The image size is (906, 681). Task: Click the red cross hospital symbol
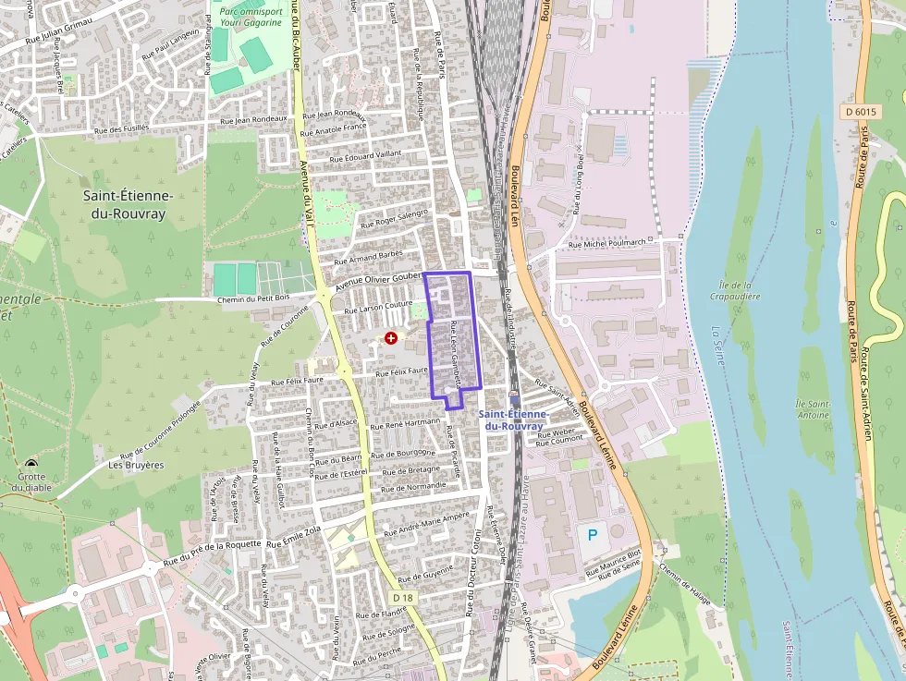pyautogui.click(x=391, y=339)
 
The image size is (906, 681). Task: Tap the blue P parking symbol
pyautogui.click(x=593, y=534)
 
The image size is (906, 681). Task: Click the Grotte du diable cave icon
pyautogui.click(x=32, y=466)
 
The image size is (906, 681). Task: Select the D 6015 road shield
pyautogui.click(x=860, y=112)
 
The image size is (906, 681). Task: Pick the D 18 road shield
pyautogui.click(x=398, y=599)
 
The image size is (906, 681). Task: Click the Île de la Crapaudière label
pyautogui.click(x=739, y=291)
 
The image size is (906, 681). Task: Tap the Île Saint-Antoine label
pyautogui.click(x=813, y=410)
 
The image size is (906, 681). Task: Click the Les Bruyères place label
pyautogui.click(x=136, y=465)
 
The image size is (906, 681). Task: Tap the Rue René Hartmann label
pyautogui.click(x=405, y=423)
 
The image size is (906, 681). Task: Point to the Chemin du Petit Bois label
pyautogui.click(x=254, y=298)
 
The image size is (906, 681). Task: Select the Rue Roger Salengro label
pyautogui.click(x=395, y=218)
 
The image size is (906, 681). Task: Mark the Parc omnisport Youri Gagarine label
pyautogui.click(x=251, y=17)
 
